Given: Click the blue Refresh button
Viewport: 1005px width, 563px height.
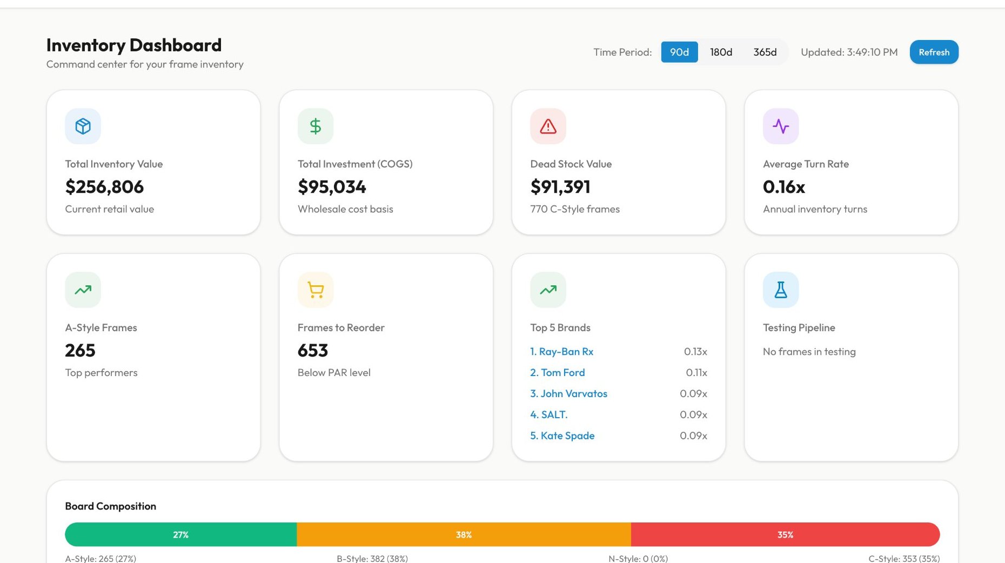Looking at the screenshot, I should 934,52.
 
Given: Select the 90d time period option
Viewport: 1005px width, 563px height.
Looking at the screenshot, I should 679,52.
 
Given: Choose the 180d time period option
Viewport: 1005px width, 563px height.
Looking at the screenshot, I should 721,52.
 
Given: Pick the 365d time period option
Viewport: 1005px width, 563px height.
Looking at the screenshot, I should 765,52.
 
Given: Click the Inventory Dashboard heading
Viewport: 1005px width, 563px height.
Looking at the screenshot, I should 134,45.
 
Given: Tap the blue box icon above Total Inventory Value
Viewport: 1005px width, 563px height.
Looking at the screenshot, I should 83,126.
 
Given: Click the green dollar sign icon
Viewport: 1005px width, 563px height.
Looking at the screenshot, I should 316,126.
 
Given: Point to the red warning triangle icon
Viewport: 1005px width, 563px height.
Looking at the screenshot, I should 548,126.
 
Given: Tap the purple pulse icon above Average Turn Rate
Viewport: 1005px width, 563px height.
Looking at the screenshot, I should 781,126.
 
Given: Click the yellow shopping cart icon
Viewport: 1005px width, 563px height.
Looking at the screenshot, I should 316,290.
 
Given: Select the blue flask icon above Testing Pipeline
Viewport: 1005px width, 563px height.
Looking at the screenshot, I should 781,290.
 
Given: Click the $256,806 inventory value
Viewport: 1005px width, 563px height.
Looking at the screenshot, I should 104,187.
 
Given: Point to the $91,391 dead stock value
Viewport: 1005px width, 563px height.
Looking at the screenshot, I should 560,187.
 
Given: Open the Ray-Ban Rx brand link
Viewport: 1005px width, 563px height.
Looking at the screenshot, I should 561,352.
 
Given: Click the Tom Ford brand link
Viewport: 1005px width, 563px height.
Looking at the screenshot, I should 557,373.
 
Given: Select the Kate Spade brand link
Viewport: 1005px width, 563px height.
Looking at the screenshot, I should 562,436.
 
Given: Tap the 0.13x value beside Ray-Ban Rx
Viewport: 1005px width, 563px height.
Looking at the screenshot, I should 695,352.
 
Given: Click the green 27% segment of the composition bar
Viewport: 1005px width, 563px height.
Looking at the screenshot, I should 181,535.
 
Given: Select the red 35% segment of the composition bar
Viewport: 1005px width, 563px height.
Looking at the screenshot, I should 785,535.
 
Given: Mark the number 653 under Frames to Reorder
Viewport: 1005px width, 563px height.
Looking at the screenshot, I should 313,351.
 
